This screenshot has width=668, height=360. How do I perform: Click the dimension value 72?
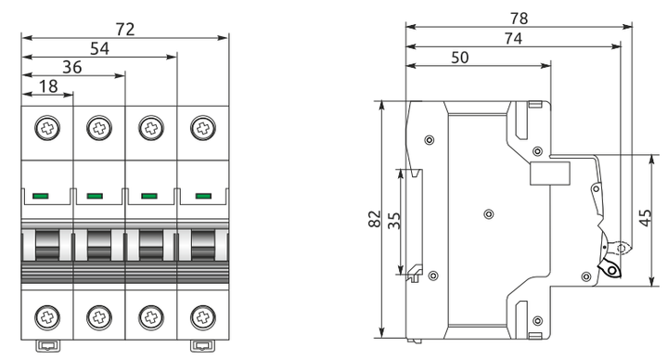[125, 29]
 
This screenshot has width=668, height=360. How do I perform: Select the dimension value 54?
[99, 48]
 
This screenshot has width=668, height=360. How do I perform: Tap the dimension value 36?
[72, 68]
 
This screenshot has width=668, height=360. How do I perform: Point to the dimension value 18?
[48, 86]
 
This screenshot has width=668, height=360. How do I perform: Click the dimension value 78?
[519, 19]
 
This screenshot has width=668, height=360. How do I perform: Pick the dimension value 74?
[513, 38]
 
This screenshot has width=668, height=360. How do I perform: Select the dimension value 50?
[460, 58]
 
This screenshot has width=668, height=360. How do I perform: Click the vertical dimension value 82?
[375, 219]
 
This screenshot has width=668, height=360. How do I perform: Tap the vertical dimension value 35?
[394, 221]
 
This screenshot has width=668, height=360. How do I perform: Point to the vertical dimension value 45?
[645, 218]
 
